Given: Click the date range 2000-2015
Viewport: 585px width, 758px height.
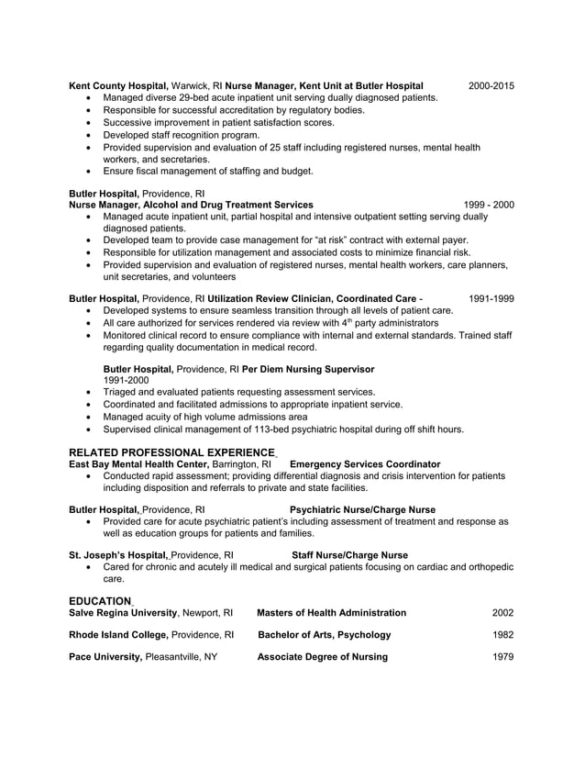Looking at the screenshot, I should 491,86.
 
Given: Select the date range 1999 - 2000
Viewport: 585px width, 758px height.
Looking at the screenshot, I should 489,205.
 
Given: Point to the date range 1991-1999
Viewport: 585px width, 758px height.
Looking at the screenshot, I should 491,299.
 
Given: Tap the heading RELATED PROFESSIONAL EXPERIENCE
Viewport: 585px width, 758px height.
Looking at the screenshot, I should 172,452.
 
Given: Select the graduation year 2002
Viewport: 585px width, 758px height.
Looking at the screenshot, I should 502,613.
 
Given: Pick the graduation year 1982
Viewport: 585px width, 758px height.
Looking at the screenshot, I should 502,635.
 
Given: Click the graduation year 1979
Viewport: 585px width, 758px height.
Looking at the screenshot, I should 502,657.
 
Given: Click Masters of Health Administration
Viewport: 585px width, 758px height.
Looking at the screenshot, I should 332,613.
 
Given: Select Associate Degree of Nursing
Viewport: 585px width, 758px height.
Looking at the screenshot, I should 322,657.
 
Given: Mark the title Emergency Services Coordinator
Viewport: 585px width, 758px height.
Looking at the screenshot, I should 364,464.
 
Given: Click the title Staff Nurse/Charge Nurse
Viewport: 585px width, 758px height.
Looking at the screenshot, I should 349,555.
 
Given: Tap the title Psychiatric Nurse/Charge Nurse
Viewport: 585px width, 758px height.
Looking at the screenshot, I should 362,509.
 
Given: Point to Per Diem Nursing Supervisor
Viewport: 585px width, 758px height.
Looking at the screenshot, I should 308,369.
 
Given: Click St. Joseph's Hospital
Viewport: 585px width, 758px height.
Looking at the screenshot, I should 118,555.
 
